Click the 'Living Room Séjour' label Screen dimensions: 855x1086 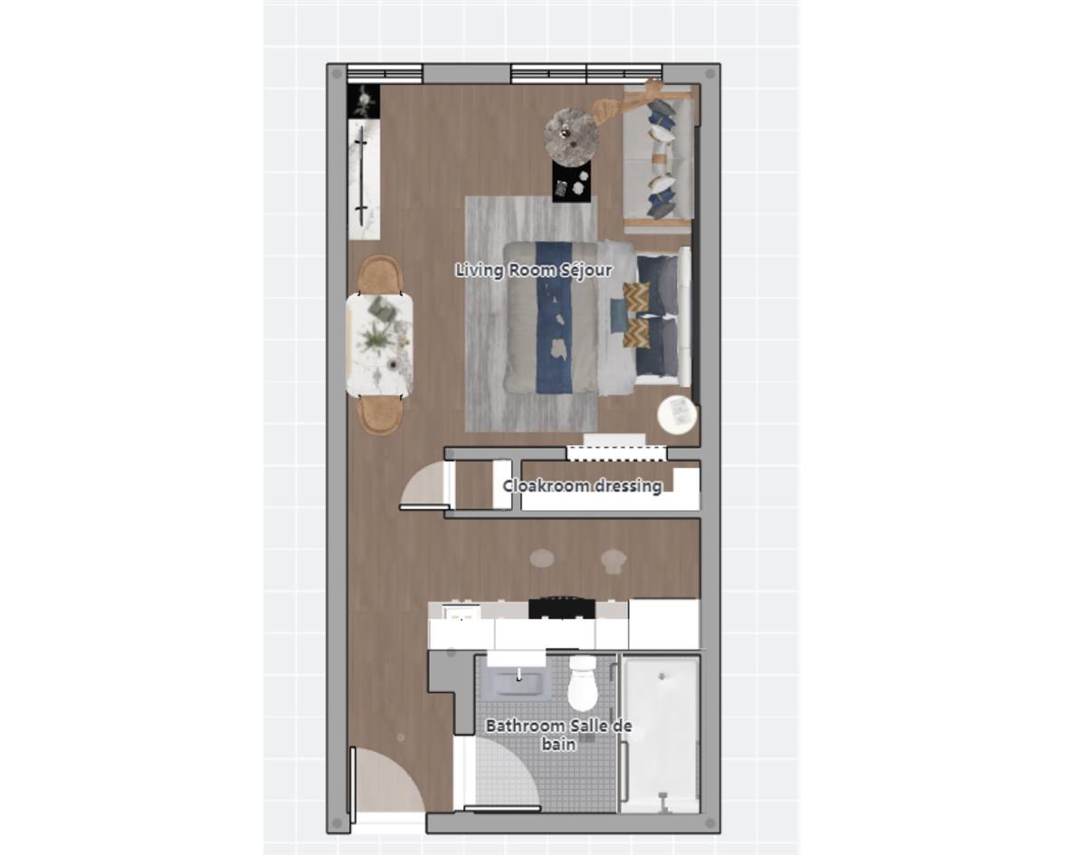533,270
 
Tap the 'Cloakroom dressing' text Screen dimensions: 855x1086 582,486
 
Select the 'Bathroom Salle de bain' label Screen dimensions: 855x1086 558,735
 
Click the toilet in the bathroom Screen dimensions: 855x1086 583,685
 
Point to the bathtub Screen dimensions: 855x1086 662,733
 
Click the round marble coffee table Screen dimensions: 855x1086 571,136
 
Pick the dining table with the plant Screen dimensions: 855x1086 379,345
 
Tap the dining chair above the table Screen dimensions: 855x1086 379,274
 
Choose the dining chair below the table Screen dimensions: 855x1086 380,415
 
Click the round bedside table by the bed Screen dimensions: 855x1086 677,414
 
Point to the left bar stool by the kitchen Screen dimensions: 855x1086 542,558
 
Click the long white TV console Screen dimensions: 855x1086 364,181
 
